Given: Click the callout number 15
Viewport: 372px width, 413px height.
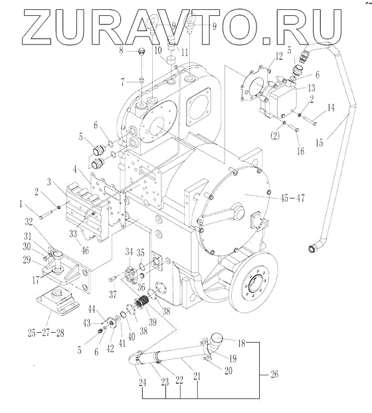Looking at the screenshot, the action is click(x=320, y=143).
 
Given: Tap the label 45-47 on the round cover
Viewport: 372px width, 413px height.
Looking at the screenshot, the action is click(x=292, y=198).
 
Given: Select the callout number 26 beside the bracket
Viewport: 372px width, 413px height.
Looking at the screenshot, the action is click(x=274, y=374).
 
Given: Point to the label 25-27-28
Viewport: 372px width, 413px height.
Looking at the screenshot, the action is click(x=46, y=333).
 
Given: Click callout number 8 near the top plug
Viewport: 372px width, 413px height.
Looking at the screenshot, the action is click(x=121, y=50).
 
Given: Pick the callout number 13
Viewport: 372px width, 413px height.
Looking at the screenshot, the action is click(x=312, y=88).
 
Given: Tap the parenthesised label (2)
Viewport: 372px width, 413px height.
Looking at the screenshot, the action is click(x=275, y=136).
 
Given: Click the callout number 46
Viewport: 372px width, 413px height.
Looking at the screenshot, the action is click(x=85, y=250).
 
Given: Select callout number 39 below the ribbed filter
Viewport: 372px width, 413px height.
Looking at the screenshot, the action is click(x=153, y=321).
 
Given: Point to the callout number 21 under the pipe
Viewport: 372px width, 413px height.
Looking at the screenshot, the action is click(x=197, y=376).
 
